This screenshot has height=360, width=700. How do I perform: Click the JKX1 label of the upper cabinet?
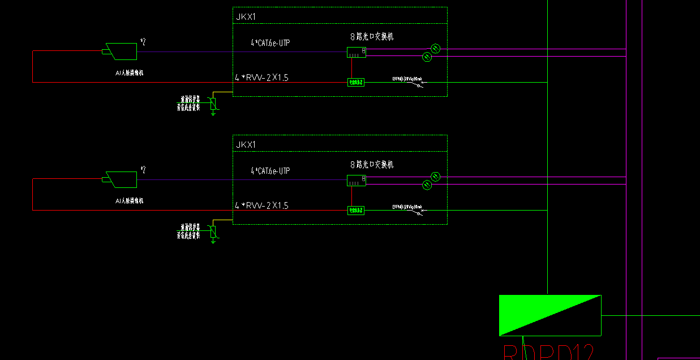246,17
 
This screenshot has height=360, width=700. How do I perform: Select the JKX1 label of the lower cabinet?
246,145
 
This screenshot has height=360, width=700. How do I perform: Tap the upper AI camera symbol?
121,52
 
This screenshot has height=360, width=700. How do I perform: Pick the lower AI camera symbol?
121,179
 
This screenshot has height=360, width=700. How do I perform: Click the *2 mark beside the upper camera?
143,42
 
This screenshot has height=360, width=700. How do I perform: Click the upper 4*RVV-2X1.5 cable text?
261,78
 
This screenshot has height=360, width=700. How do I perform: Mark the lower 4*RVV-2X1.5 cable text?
261,205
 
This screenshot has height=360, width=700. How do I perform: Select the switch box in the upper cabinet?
356,52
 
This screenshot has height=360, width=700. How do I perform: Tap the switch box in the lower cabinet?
356,180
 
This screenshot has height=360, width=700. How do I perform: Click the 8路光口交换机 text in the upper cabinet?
372,37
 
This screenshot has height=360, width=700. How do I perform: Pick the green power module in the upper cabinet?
355,82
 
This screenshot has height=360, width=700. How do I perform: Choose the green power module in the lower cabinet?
355,210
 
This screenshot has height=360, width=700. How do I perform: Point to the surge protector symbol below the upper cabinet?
213,104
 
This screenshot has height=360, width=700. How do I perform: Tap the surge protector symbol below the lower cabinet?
213,232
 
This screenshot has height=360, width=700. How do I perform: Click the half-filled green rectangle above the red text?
549,315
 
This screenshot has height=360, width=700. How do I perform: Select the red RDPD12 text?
548,352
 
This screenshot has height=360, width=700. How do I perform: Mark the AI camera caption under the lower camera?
130,201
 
